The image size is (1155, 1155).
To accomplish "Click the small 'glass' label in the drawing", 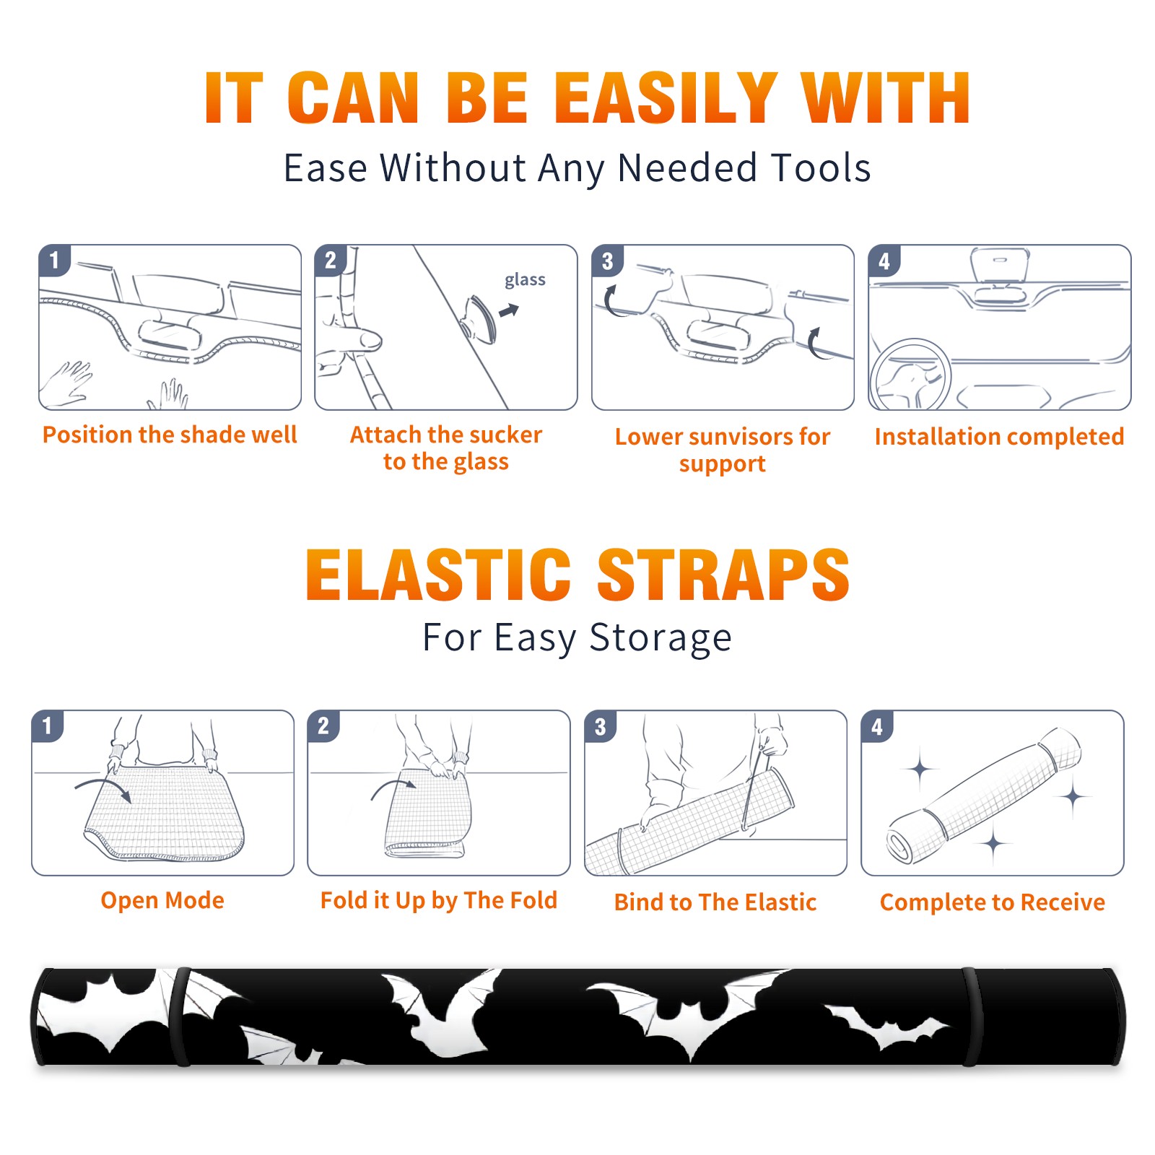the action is (x=525, y=280).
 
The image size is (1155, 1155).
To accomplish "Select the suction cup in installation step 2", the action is (x=479, y=318).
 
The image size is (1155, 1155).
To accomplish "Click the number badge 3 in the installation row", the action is (x=607, y=261).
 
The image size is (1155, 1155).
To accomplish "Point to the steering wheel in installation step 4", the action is (x=910, y=375).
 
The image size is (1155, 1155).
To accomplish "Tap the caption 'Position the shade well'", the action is (x=170, y=435).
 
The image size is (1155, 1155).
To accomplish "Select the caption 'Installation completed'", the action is (x=999, y=437).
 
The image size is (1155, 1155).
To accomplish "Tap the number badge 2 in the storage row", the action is (x=323, y=725).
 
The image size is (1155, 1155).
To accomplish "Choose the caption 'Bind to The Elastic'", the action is (x=715, y=902).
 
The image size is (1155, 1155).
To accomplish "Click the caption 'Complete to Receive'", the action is (x=993, y=902).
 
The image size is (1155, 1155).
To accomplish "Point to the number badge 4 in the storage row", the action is (x=877, y=726).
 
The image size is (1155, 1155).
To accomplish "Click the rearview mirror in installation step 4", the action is (x=999, y=266).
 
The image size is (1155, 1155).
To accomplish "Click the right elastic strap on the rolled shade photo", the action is (x=970, y=1016).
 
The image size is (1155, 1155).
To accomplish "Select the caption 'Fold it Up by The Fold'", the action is (x=439, y=900).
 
